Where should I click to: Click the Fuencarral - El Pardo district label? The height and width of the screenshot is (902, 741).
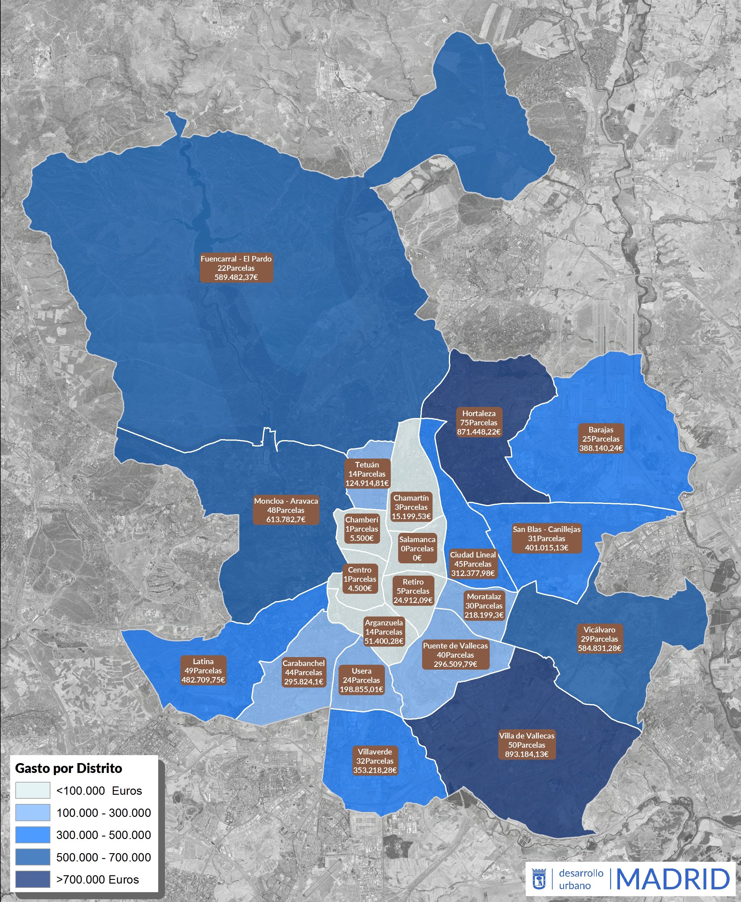(x=236, y=268)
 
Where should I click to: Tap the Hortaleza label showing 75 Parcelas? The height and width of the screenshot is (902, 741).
(x=479, y=423)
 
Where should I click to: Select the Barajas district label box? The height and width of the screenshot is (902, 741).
(x=601, y=439)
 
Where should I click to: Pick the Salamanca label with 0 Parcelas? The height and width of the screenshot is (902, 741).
(x=417, y=549)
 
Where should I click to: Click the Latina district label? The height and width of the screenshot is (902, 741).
(x=203, y=671)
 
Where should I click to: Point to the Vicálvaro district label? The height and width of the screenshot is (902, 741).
(x=599, y=639)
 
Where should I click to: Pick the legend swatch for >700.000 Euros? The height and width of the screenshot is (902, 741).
(x=33, y=879)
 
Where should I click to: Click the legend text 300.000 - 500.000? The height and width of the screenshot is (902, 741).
(x=104, y=835)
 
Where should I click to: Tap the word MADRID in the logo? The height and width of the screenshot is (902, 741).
(x=673, y=879)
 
